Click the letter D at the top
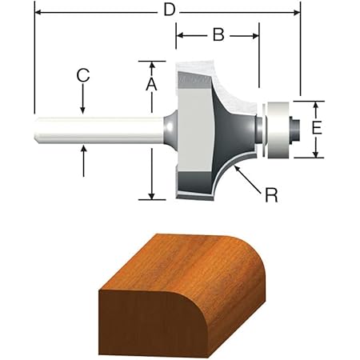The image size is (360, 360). tap(168, 10)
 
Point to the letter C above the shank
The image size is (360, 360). tap(82, 76)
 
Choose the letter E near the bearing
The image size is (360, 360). tap(317, 129)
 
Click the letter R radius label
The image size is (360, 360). tap(271, 194)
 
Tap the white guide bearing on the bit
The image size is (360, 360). tap(276, 129)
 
